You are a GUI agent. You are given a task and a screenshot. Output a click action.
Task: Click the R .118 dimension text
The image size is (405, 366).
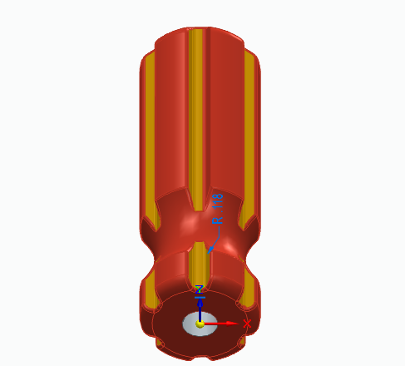(219, 210)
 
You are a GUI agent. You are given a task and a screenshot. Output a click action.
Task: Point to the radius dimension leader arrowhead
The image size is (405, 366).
(211, 246)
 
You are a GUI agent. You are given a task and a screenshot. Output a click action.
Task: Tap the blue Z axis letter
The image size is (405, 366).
(200, 289)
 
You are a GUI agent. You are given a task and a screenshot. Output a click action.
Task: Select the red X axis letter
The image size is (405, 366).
(247, 323)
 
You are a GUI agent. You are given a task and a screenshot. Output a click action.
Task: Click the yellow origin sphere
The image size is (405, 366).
(200, 323)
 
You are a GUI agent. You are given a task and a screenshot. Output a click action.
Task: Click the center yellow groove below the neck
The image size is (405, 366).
(198, 266)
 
